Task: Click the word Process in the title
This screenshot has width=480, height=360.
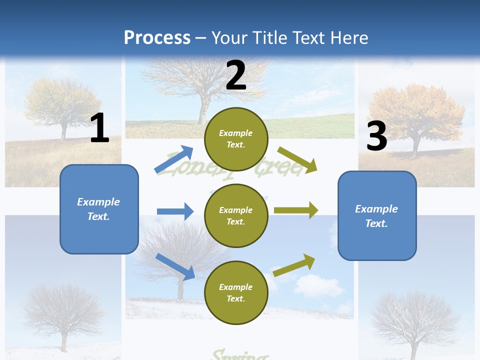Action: [157, 37]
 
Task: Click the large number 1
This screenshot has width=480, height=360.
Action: [99, 128]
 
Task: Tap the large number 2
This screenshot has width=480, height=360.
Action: [236, 75]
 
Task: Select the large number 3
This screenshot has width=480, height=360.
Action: [377, 136]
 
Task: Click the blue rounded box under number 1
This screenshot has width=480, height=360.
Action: [99, 209]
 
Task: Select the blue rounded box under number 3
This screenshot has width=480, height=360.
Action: [377, 216]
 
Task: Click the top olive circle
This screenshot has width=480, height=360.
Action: [236, 139]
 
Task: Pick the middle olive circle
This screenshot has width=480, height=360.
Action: [236, 216]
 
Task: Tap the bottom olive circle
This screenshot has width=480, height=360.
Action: [236, 293]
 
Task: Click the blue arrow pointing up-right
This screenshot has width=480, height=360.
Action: [174, 159]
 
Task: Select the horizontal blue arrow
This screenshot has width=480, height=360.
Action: [175, 211]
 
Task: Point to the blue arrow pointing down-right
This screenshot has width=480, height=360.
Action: [175, 266]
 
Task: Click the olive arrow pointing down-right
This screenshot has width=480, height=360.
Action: [297, 159]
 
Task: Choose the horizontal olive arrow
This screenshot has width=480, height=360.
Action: [296, 210]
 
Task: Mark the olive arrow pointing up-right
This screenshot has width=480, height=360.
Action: [294, 265]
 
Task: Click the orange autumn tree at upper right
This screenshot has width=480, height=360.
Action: [415, 112]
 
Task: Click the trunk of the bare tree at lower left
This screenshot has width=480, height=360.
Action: [63, 340]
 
